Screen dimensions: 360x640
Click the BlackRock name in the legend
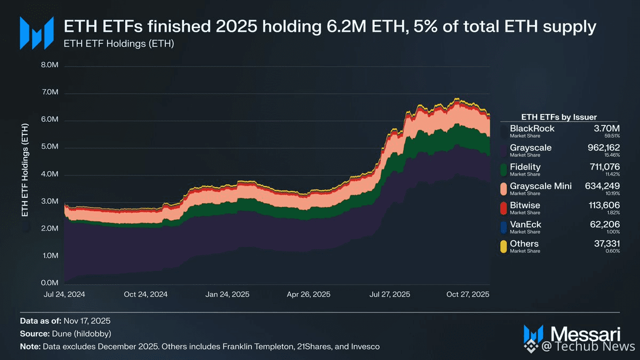[x=532, y=129]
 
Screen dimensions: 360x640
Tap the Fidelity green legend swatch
[x=503, y=169]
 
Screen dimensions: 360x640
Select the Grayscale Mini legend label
[x=541, y=186]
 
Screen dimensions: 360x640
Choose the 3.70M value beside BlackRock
[x=607, y=129]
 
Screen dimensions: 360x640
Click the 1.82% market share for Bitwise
[x=613, y=212]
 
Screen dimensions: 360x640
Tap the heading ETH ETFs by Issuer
[x=558, y=117]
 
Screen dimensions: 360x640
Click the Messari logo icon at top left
[x=36, y=33]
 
